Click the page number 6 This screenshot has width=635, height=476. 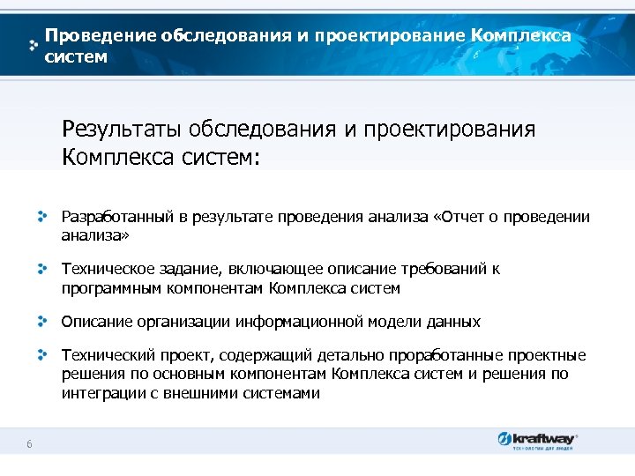coord(29,444)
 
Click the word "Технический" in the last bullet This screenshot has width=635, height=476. coord(102,355)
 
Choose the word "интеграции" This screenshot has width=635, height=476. coord(100,393)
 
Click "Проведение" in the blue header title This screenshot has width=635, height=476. coord(101,36)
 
